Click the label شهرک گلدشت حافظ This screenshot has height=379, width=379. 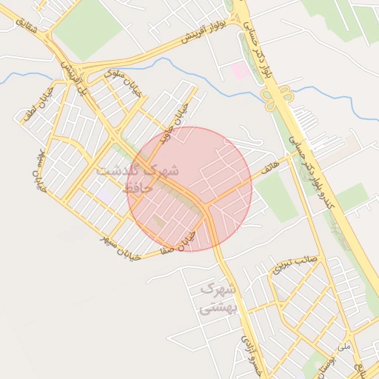pos(138,178)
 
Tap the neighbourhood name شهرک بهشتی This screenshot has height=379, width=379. pos(218,298)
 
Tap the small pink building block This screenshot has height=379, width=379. pos(241,71)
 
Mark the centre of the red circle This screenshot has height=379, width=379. pos(189,189)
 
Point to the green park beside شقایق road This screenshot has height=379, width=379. pos(87,28)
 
